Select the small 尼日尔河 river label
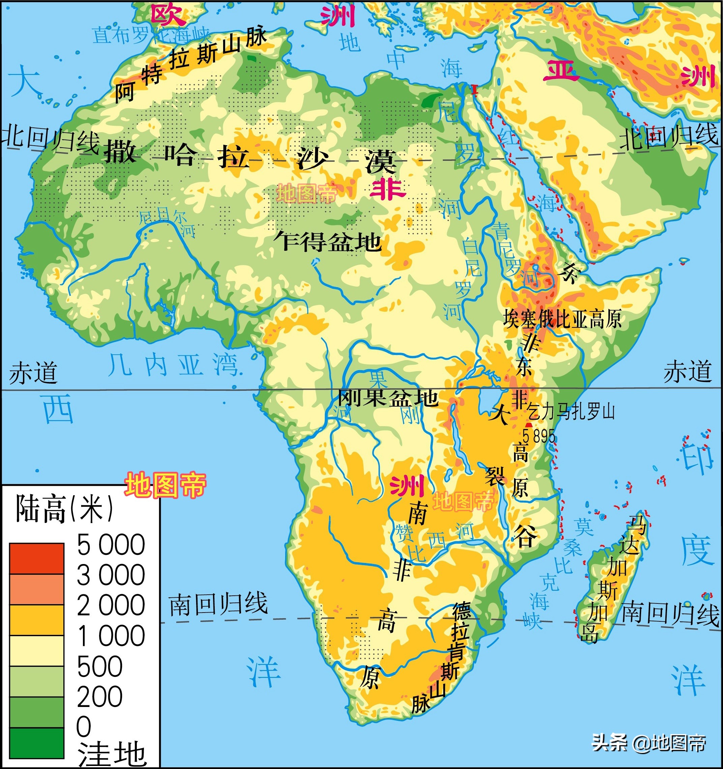(x=167, y=222)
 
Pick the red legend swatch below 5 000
(x=37, y=559)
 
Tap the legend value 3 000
(x=111, y=575)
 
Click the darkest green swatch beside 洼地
(x=37, y=743)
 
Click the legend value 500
(x=100, y=667)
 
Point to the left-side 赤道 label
(x=33, y=373)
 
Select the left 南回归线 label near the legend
(x=218, y=604)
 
